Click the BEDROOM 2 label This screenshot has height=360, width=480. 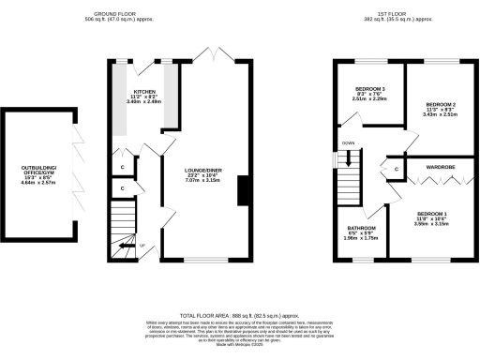[440, 103]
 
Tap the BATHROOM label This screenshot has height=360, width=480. [362, 228]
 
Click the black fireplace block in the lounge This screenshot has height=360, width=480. [245, 190]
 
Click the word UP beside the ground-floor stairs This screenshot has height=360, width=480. [142, 247]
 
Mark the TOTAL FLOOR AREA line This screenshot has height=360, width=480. [239, 317]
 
